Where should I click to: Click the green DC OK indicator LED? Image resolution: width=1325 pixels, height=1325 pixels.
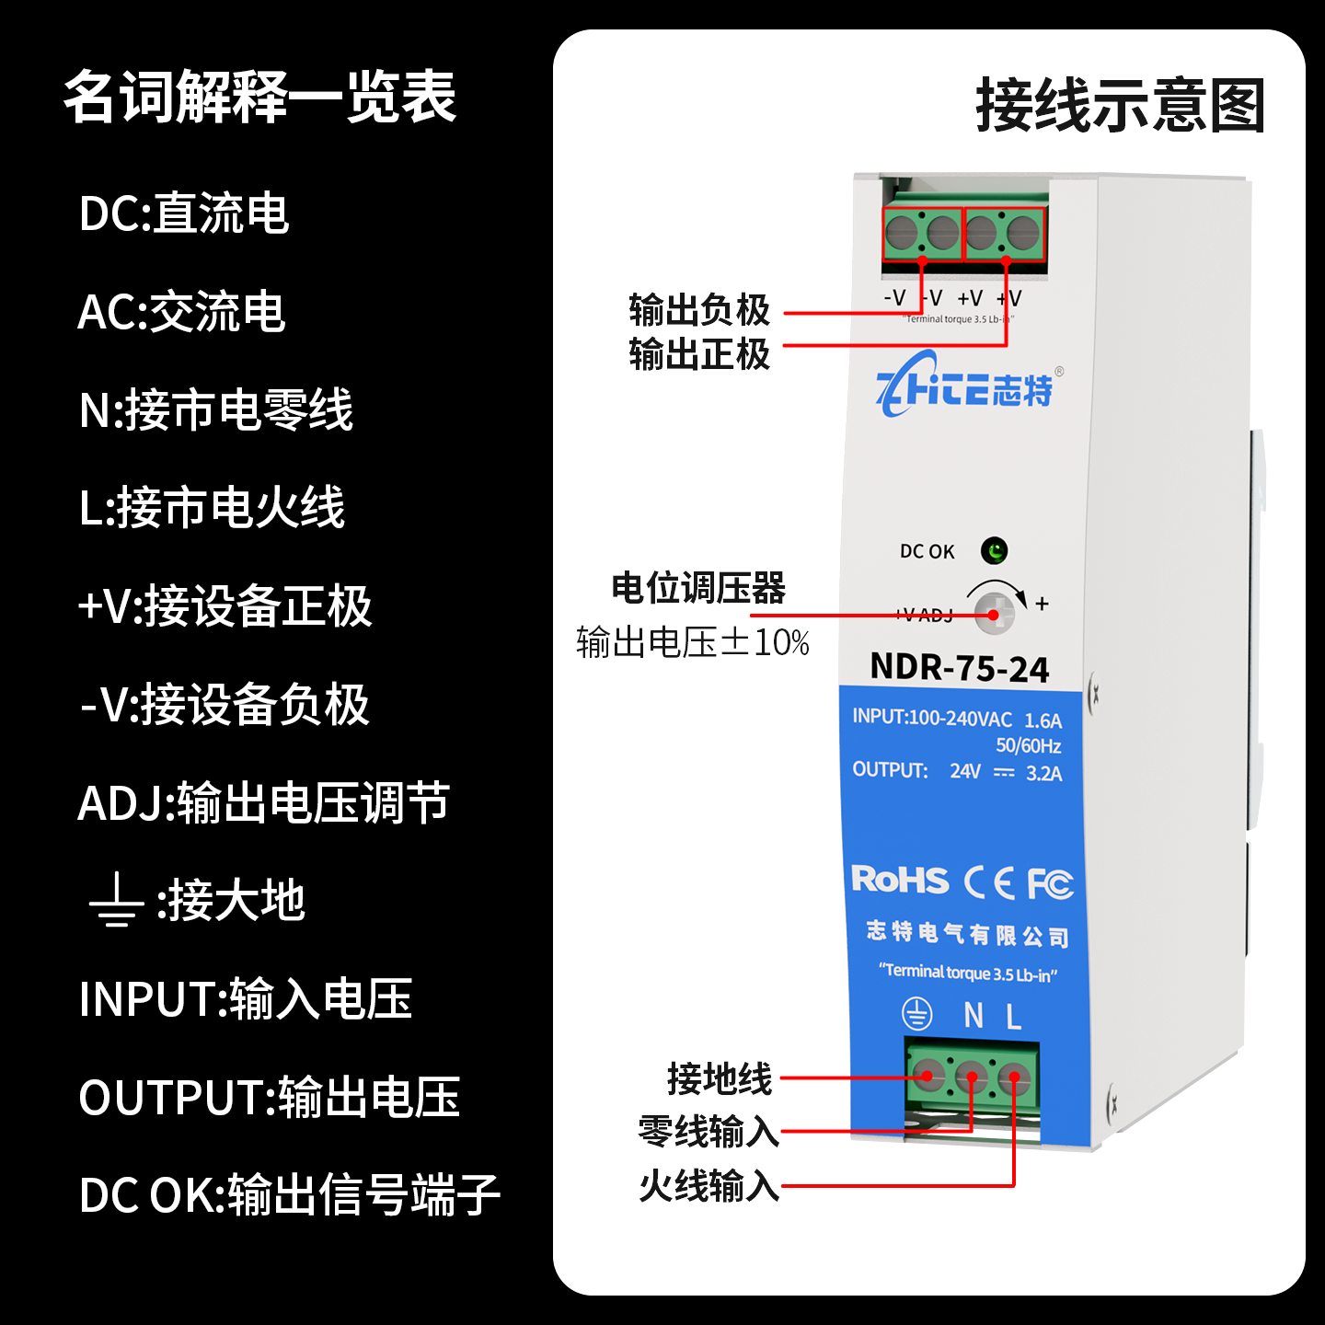point(994,551)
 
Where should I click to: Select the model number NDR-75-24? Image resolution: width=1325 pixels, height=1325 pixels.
point(959,668)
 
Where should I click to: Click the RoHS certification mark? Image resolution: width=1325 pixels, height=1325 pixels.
point(899,881)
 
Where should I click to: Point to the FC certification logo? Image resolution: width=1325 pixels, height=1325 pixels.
point(1050,884)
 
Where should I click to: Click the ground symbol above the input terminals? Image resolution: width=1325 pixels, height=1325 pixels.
point(916,1015)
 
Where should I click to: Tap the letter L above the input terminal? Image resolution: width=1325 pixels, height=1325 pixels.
point(1013,1017)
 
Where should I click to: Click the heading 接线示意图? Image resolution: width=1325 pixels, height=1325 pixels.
point(1120,106)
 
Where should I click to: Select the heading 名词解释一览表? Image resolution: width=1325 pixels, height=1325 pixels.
point(260,97)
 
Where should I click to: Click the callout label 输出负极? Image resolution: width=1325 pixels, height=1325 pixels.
point(699,310)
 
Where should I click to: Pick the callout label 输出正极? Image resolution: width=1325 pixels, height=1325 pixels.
point(699,354)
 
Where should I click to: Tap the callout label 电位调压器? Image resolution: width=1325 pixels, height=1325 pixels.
point(698,588)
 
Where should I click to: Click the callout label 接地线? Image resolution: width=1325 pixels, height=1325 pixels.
point(720,1078)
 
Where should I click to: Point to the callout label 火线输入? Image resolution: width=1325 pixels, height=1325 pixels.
point(709,1186)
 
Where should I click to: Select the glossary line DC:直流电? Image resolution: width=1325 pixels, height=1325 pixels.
point(184,213)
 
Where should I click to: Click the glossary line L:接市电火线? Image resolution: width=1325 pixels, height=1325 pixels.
point(212,508)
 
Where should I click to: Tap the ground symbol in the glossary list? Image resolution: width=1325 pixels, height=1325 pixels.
point(116,901)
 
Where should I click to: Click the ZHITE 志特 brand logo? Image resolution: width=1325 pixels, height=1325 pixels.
point(964,386)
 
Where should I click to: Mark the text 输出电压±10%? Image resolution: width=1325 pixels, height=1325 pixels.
point(693,642)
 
